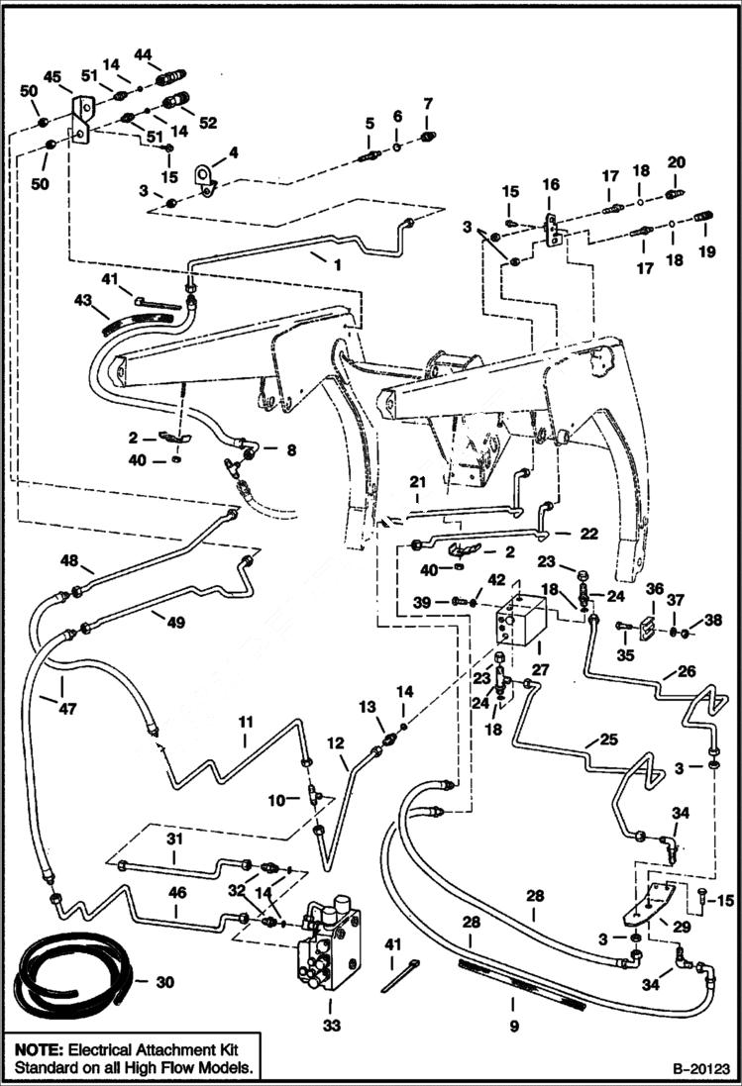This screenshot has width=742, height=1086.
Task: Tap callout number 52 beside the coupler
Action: click(x=207, y=123)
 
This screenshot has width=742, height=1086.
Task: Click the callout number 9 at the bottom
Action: click(x=514, y=1027)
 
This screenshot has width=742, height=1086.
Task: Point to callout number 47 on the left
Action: click(x=65, y=709)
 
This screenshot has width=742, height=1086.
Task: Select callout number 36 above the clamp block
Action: click(x=654, y=589)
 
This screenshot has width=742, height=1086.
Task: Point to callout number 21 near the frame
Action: click(x=417, y=481)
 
